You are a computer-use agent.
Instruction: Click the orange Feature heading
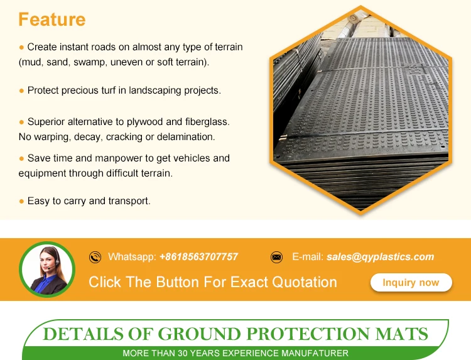(52, 19)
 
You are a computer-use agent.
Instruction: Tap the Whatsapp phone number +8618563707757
(198, 256)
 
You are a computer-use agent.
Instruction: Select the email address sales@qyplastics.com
(380, 256)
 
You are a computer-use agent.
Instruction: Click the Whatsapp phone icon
(95, 257)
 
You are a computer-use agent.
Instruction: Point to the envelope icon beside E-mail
(276, 257)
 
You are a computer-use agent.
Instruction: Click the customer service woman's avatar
(47, 270)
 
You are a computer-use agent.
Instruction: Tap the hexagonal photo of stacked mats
(359, 110)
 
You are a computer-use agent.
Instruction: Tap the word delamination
(186, 136)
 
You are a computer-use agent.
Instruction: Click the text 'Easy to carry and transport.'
(89, 201)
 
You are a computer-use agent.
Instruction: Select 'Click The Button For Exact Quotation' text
(213, 282)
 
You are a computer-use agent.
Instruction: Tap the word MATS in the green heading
(402, 333)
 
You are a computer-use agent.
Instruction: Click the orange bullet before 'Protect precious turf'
(21, 90)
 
